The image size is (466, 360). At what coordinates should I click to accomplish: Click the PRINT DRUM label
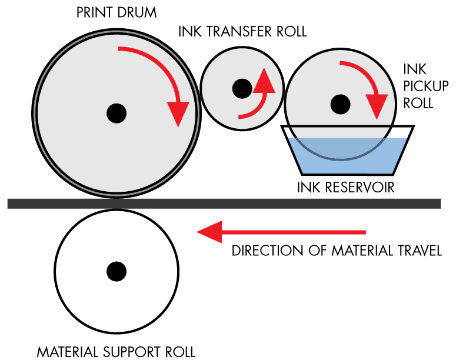click(116, 13)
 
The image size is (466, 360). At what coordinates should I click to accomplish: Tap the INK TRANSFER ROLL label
click(242, 32)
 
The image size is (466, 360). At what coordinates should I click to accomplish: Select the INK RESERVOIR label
click(345, 188)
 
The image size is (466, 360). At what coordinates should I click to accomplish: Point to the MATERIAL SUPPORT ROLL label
click(116, 352)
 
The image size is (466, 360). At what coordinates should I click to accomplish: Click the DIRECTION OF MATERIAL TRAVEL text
click(337, 251)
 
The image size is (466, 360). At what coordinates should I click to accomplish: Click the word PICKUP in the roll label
click(426, 86)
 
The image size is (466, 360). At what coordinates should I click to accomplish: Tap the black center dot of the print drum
click(116, 113)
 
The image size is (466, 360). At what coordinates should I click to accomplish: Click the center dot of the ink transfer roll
click(242, 88)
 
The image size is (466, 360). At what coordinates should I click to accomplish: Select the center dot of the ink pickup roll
click(340, 104)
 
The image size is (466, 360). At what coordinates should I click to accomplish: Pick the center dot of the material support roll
click(116, 272)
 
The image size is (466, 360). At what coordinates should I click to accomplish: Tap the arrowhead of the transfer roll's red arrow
click(264, 81)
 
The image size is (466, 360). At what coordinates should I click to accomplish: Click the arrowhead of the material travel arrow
click(209, 232)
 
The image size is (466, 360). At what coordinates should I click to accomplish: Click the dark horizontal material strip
click(224, 204)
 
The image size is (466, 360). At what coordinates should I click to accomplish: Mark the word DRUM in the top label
click(137, 13)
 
